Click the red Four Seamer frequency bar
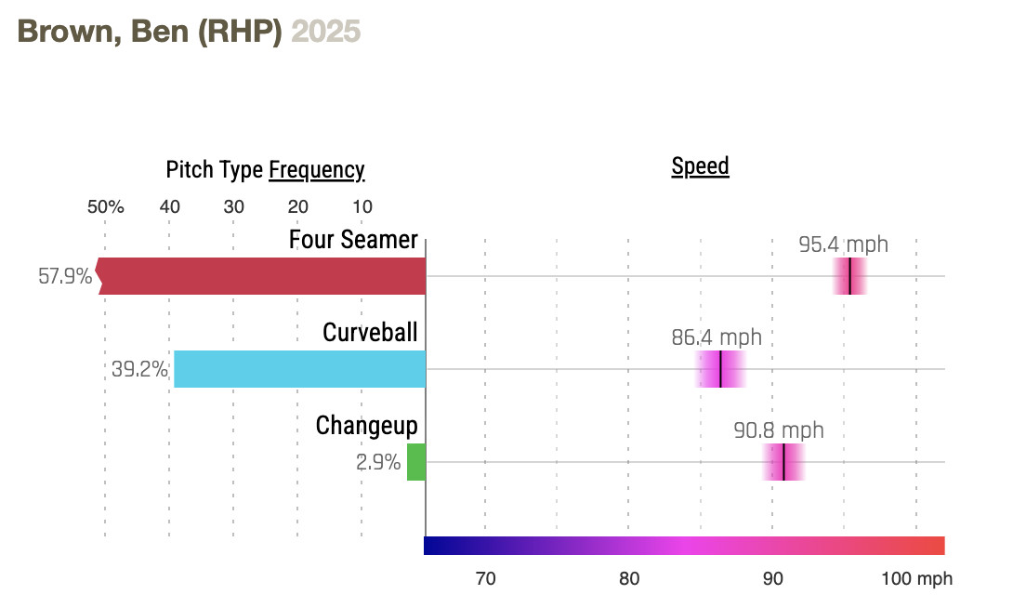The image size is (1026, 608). [x=260, y=276]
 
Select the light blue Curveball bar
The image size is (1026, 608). [x=299, y=369]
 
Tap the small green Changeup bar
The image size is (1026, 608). [x=416, y=462]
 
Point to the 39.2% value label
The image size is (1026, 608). [x=139, y=369]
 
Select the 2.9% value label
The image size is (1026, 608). [x=378, y=462]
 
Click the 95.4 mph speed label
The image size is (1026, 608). [x=843, y=245]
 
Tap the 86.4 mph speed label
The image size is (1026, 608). [x=716, y=337]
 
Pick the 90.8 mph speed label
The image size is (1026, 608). [x=779, y=430]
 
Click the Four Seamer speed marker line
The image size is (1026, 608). [x=849, y=276]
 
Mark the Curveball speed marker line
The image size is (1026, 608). [x=720, y=369]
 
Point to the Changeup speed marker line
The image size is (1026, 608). [x=783, y=462]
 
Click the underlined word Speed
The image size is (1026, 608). [x=700, y=166]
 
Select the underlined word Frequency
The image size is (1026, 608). [x=316, y=170]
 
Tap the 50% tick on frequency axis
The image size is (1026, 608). [x=106, y=206]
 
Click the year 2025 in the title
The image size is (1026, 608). [x=325, y=31]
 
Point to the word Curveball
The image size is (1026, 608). [x=370, y=332]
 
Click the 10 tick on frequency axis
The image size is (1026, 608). [x=362, y=206]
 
